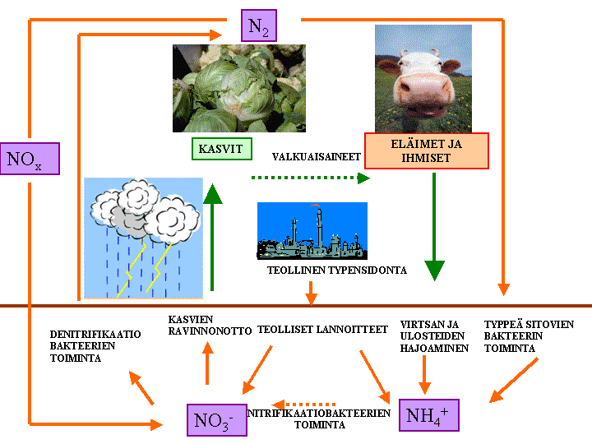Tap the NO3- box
point(215,420)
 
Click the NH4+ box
point(428,414)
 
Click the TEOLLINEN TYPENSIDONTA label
point(337,270)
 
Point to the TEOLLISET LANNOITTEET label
point(322,329)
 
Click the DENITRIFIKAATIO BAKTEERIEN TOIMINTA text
point(95,346)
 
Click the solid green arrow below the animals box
point(434,238)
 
